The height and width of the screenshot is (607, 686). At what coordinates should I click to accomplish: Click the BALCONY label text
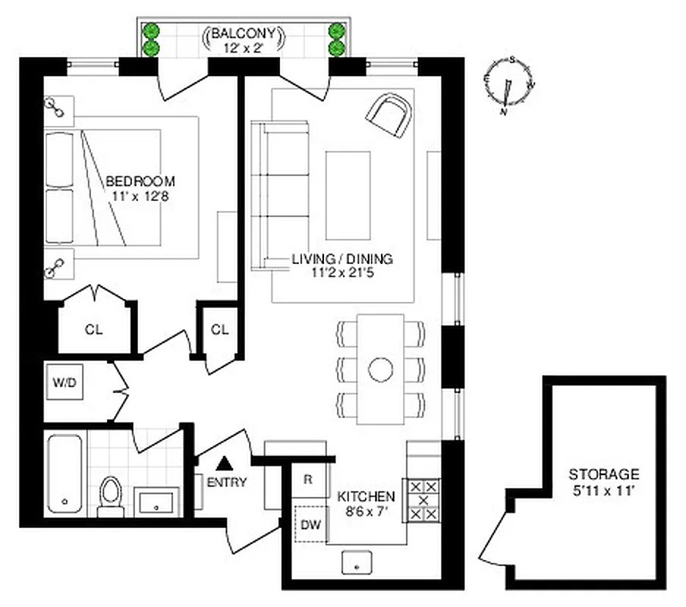(x=244, y=34)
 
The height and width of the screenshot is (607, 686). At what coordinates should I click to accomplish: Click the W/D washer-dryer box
(x=65, y=383)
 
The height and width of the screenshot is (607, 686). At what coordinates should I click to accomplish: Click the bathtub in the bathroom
(x=64, y=473)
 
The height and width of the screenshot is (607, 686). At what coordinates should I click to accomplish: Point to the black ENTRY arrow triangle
(x=224, y=463)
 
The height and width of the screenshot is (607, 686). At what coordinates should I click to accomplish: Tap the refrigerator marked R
(x=307, y=479)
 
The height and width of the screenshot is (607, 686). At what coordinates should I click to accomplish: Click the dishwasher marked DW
(x=310, y=523)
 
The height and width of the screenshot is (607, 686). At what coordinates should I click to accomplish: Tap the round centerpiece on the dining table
(x=380, y=370)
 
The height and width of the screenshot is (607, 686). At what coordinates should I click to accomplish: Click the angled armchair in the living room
(x=391, y=115)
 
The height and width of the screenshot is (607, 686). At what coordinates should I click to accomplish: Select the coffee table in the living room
(x=350, y=193)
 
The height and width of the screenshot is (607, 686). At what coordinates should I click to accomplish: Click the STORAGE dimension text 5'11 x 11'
(x=604, y=490)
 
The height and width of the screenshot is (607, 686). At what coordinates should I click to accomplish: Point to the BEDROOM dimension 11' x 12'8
(x=140, y=197)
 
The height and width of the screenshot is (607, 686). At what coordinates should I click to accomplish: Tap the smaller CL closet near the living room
(x=219, y=329)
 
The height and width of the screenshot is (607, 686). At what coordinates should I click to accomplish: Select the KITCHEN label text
(x=366, y=496)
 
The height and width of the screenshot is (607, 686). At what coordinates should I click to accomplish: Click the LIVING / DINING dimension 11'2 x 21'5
(x=342, y=273)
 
